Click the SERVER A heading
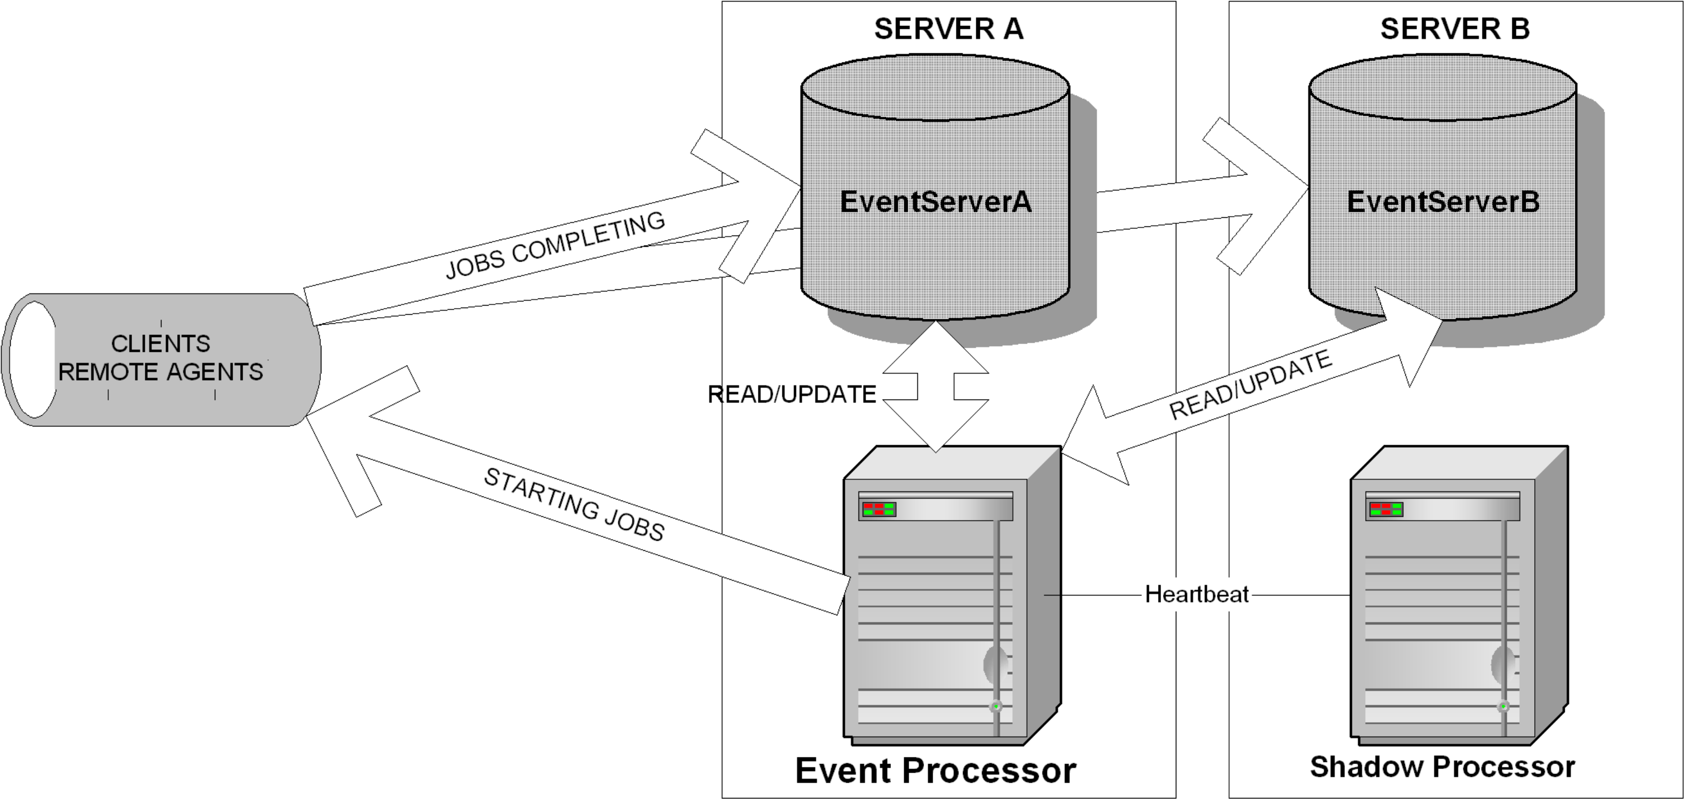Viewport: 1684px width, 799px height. coord(948,29)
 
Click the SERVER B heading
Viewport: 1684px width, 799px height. coord(1455,29)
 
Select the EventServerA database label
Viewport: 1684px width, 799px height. coord(936,202)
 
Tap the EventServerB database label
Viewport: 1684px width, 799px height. coord(1443,202)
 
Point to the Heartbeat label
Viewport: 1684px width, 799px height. coord(1197,594)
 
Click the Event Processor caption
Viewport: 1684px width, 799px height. coord(936,770)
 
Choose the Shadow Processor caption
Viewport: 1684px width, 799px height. coord(1442,767)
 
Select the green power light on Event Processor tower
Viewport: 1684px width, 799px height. coord(996,706)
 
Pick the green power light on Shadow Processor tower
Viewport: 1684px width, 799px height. coord(1503,706)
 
